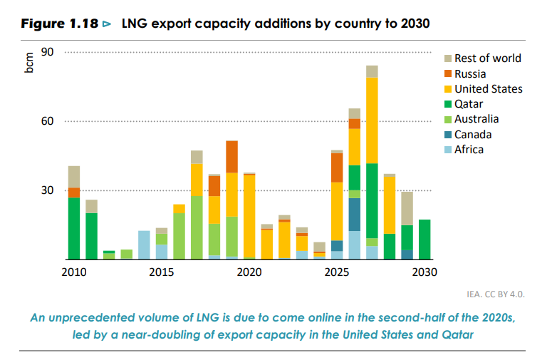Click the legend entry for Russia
[470, 73]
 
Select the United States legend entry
[488, 89]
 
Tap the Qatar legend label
[469, 104]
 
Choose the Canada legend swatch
[448, 135]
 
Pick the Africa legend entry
[469, 150]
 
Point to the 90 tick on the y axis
[48, 52]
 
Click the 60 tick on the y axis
[48, 121]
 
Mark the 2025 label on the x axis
[336, 272]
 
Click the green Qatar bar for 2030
[425, 240]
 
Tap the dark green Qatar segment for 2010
[74, 228]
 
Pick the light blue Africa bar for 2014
[144, 245]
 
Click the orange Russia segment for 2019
[231, 157]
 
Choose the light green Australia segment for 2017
[197, 227]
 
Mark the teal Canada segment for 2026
[354, 215]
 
